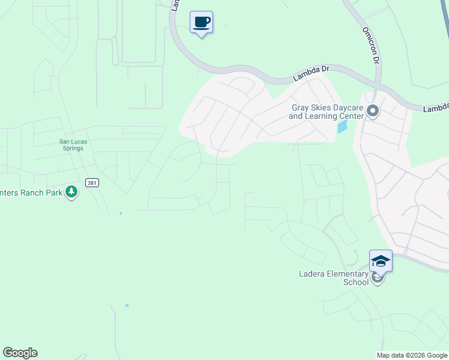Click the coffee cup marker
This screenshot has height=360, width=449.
(x=202, y=23)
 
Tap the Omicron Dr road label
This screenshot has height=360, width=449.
(x=370, y=45)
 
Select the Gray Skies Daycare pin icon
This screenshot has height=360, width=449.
(x=373, y=111)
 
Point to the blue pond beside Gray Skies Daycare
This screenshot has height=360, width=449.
(x=342, y=127)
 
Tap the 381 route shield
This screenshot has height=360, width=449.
(x=92, y=183)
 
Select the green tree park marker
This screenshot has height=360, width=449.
(x=72, y=192)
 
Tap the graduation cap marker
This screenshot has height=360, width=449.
(x=381, y=260)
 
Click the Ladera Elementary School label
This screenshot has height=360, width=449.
(x=334, y=278)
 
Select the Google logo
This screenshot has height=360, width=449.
(x=20, y=353)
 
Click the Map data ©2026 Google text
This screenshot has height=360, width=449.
(x=412, y=355)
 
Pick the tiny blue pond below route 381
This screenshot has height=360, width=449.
(x=121, y=213)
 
